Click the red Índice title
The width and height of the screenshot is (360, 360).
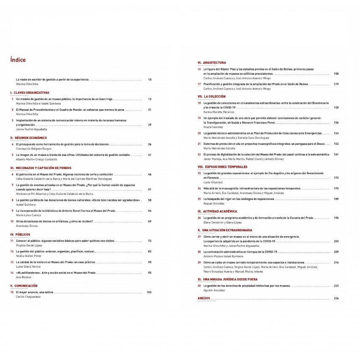tap(18, 60)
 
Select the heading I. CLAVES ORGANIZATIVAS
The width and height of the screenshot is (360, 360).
tap(30, 92)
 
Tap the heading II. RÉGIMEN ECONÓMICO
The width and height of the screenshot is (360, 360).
tap(28, 138)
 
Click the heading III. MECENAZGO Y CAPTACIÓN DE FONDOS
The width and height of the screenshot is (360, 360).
tap(41, 168)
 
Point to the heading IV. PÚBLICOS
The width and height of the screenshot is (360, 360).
tap(20, 234)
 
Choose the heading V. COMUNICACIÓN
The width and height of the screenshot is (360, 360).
tap(24, 286)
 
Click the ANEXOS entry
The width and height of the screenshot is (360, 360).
tap(204, 299)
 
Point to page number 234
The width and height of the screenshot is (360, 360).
tap(336, 299)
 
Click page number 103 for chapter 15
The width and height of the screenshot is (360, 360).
tap(149, 292)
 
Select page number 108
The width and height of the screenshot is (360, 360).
tap(336, 74)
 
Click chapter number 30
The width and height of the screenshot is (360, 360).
tap(199, 286)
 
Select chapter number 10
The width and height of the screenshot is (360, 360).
tap(12, 221)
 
